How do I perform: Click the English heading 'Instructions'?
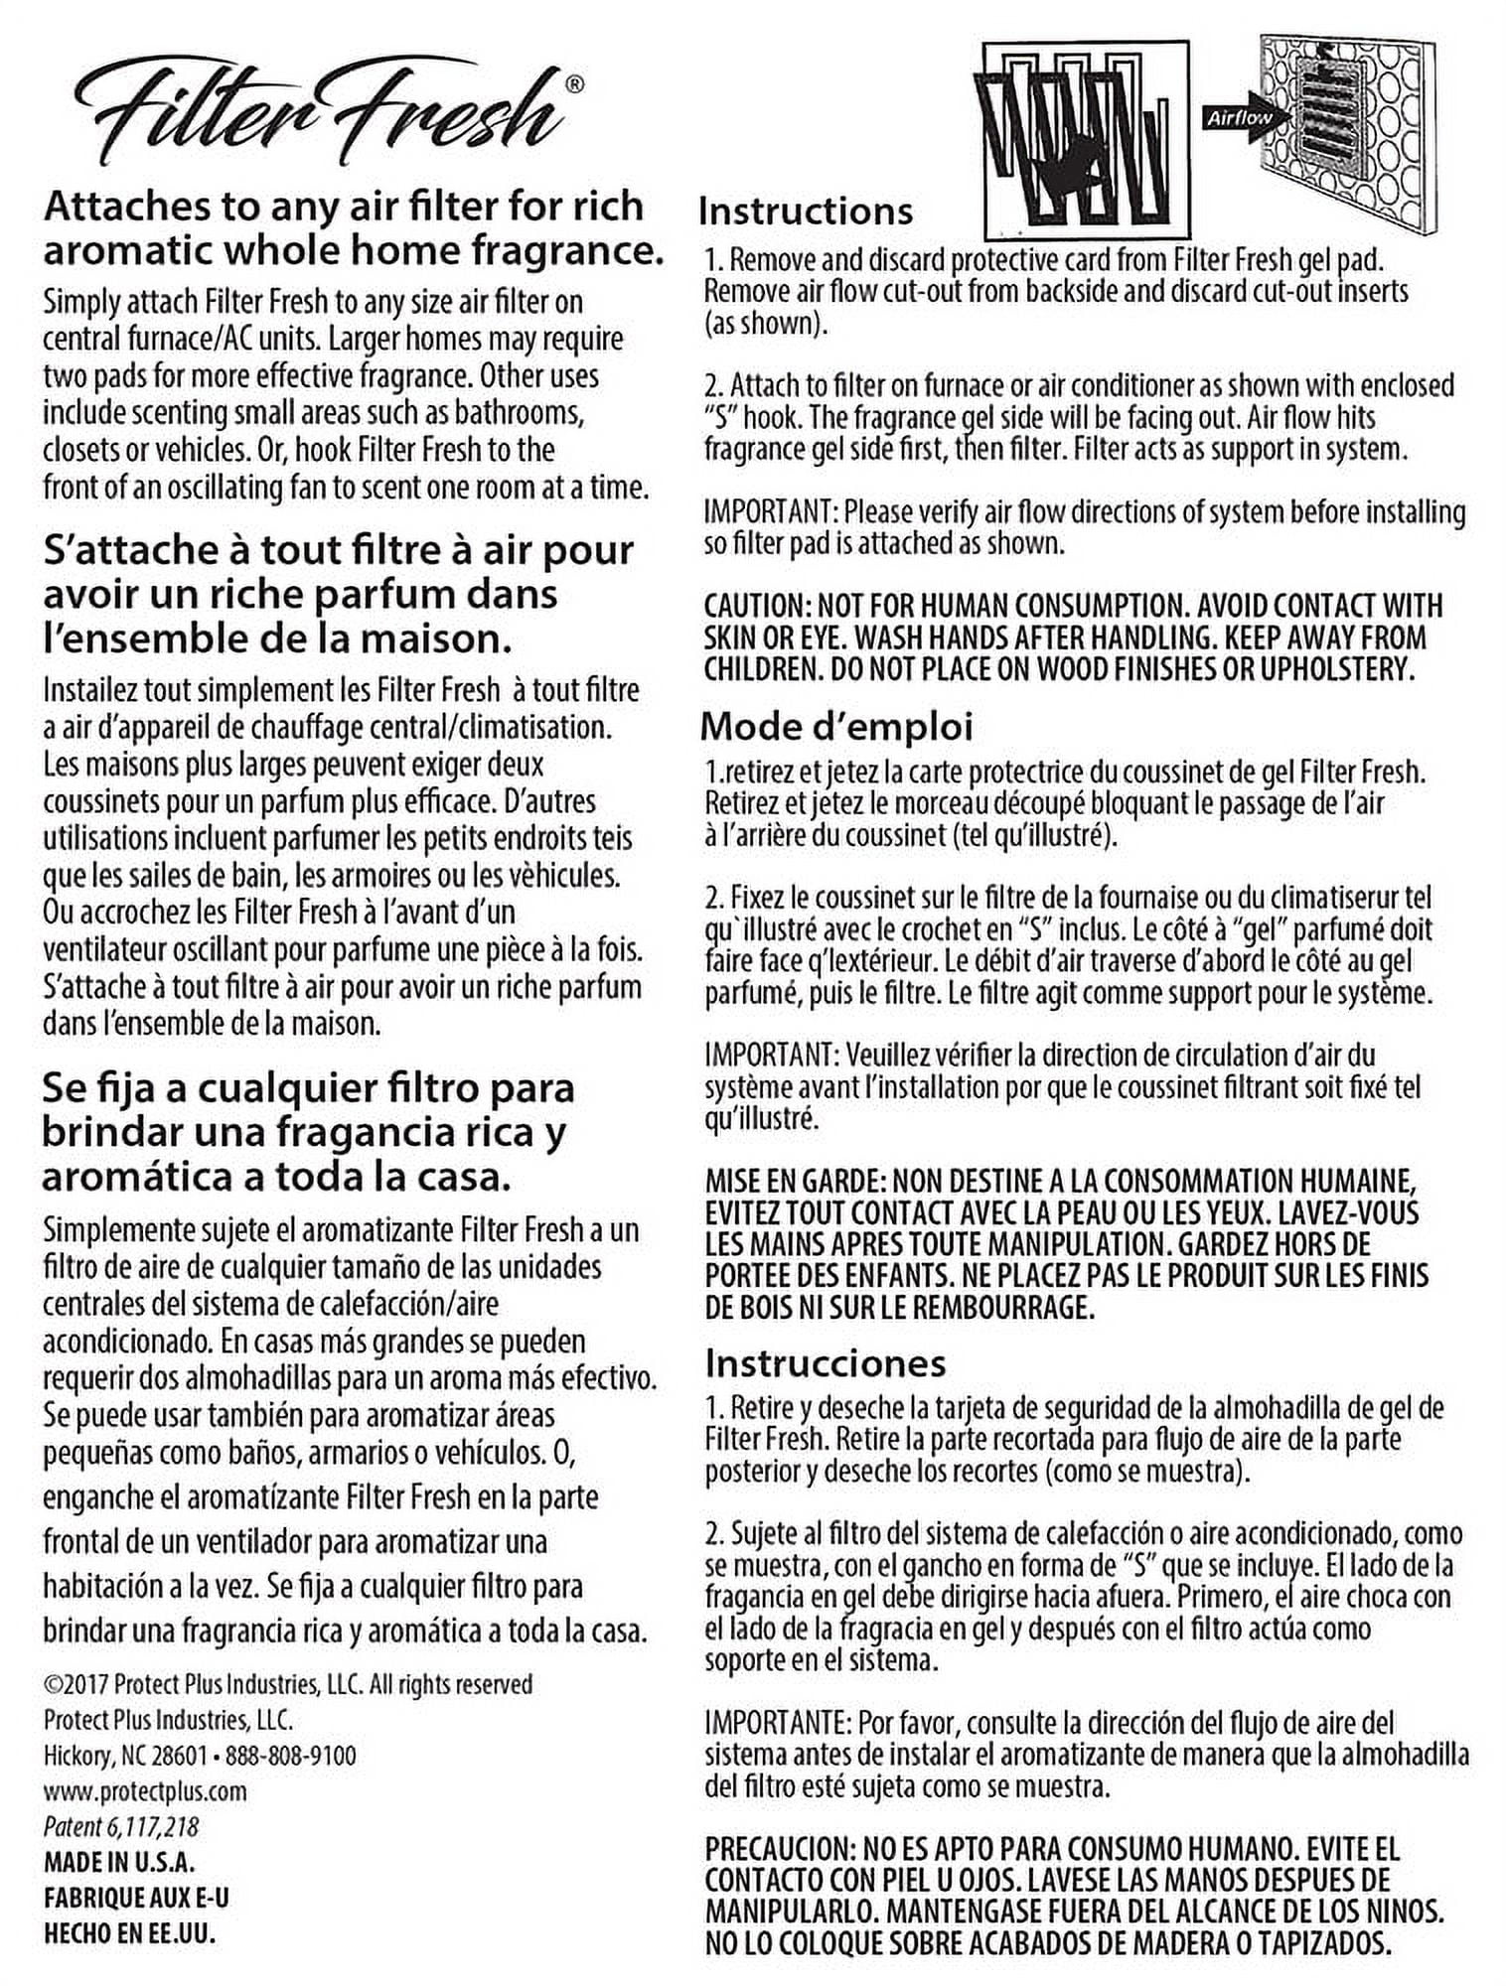[805, 212]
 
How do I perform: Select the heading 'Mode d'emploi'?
[836, 726]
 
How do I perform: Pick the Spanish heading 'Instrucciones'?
[825, 1363]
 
